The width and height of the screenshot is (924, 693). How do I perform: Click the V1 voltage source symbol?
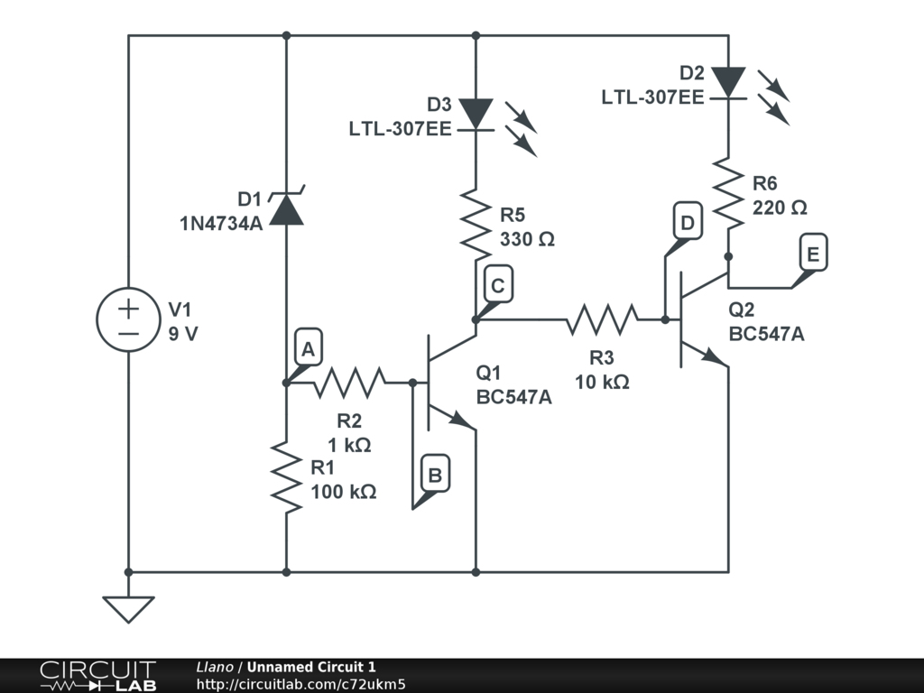(128, 321)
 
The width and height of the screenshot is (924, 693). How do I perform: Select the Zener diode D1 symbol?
(286, 209)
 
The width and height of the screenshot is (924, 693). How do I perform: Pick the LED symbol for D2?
(727, 82)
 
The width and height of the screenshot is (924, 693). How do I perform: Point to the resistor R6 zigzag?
(727, 192)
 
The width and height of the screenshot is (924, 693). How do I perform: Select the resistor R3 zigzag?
(603, 319)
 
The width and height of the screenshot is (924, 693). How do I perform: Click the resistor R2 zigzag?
(349, 383)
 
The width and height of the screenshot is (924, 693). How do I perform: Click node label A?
(308, 350)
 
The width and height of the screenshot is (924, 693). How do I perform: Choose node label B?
(434, 475)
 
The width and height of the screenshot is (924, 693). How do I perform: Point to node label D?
(688, 222)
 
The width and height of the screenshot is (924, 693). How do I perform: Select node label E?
(813, 255)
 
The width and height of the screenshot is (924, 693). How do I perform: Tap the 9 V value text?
(183, 333)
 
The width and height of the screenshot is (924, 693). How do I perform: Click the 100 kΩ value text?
(344, 493)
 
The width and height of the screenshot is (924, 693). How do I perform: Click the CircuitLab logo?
(97, 676)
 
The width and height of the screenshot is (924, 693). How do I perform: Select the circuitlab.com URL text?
(300, 684)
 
